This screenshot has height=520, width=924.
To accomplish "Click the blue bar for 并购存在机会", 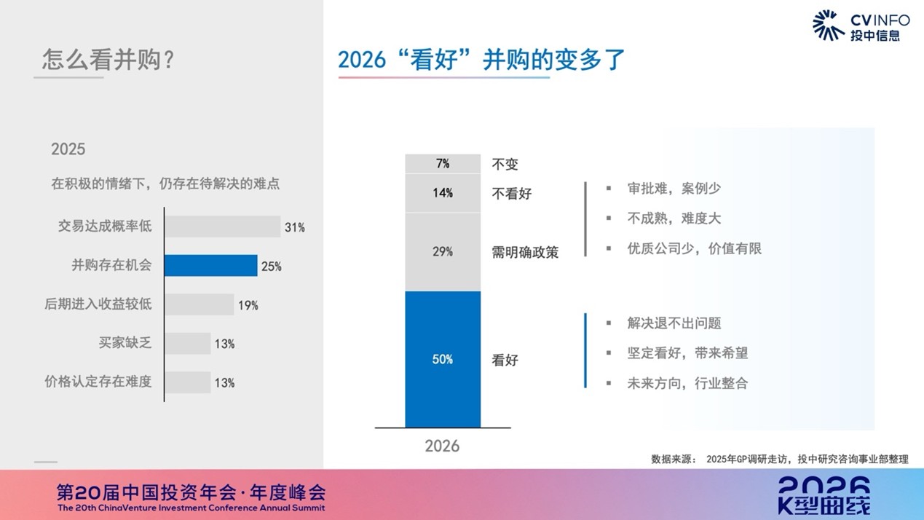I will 210,266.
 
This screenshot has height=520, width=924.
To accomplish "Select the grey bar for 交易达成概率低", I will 222,226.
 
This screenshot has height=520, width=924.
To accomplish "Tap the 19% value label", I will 248,305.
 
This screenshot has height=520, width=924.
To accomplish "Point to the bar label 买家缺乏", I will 125,342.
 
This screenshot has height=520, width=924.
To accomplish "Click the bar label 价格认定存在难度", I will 98,381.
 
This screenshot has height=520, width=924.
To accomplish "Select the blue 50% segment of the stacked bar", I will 443,359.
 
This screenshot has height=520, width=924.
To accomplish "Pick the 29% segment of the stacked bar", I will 443,252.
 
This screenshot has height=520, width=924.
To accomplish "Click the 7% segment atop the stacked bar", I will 443,164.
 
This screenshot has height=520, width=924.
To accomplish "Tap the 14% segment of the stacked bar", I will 443,193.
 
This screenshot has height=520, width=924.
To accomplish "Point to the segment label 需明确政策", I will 525,253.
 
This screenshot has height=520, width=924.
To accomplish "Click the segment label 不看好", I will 512,194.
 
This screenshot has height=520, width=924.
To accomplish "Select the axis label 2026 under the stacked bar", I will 442,446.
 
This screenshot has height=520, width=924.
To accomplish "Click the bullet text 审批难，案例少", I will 674,189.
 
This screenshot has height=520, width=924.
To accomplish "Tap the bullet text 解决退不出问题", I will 674,323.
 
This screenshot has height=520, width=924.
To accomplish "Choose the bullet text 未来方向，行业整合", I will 687,383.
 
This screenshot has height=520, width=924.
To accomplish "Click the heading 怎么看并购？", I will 108,59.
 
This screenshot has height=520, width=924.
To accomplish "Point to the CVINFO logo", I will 860,25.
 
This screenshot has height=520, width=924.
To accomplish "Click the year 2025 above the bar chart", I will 68,149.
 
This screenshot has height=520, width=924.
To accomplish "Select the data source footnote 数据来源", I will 779,459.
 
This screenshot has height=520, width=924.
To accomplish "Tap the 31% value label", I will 295,227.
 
